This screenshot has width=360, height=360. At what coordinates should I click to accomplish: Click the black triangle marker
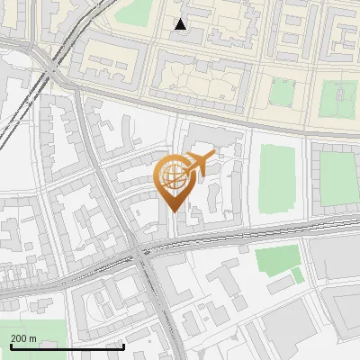click(181, 24)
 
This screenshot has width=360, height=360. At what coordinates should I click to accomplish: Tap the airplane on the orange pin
click(200, 164)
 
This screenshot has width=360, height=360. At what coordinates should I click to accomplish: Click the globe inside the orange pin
click(174, 178)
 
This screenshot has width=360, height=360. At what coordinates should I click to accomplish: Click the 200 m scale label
click(23, 337)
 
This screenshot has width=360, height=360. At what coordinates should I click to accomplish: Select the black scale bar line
click(67, 346)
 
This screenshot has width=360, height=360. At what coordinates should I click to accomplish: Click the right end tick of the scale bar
click(123, 345)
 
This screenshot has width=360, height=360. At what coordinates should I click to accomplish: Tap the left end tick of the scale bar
click(11, 345)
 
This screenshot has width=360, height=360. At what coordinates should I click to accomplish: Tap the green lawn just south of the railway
click(276, 260)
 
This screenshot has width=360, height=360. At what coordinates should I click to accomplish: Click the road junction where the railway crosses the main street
click(144, 253)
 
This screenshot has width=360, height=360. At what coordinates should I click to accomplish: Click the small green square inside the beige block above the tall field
click(282, 93)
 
